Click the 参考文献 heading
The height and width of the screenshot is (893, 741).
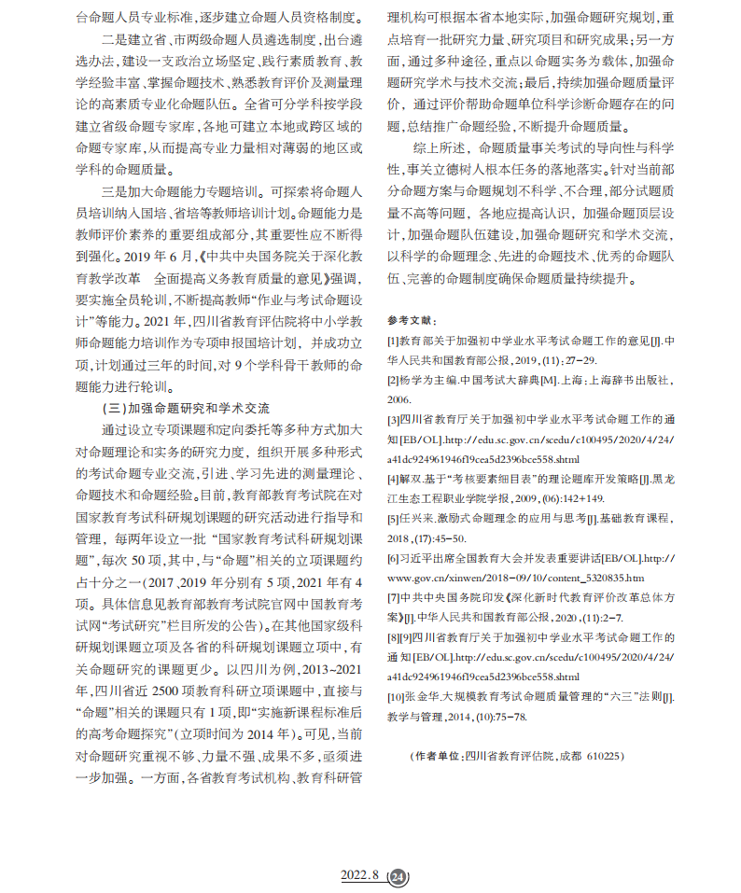(410, 319)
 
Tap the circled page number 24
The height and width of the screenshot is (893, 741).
(398, 876)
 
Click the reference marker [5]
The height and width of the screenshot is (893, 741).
(393, 518)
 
